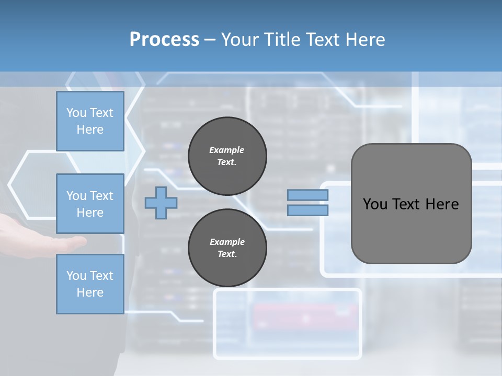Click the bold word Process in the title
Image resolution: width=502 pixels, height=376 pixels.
coord(164,40)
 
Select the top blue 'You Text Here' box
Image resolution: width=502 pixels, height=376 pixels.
coord(90,121)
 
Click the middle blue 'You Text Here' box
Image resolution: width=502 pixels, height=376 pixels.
coord(90,204)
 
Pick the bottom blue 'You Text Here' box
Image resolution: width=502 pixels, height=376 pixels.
coord(90,284)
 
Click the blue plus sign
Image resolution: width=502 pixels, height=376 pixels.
coord(161,203)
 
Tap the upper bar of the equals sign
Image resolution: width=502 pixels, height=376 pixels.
coord(308,195)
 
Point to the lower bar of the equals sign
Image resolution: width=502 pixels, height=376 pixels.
coord(308,210)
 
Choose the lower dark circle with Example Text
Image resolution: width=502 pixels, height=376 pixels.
coord(227,248)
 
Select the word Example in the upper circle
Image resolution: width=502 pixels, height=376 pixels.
coord(227,150)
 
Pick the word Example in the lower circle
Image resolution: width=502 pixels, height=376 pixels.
coord(227,242)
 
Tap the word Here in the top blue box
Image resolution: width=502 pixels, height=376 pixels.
coord(90,130)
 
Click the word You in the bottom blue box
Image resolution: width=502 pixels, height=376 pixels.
coord(76,276)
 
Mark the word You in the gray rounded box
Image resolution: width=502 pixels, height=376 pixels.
coord(375,204)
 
